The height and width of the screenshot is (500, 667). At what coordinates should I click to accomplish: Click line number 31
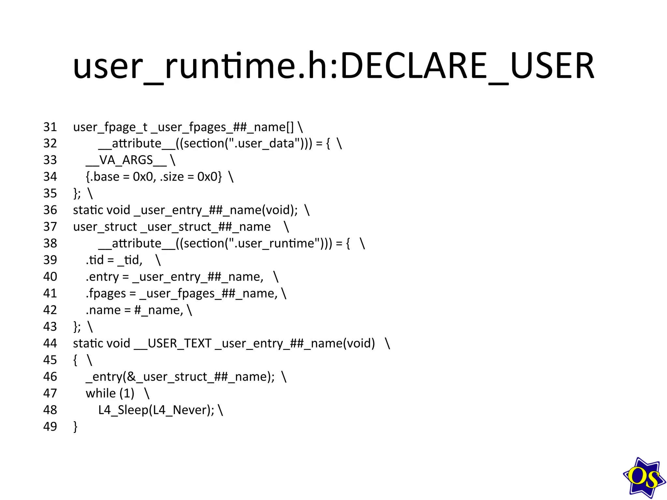coord(50,127)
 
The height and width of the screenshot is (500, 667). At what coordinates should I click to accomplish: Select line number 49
coord(50,426)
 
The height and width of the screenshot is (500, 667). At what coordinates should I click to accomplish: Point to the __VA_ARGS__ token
coord(126,160)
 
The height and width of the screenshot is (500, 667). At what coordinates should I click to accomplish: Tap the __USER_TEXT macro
coord(173,343)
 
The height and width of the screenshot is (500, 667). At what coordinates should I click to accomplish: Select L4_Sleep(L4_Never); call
coord(156,410)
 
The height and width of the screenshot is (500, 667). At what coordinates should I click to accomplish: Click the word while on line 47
coord(101,393)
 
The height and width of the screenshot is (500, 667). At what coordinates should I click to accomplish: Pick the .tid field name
coord(95,260)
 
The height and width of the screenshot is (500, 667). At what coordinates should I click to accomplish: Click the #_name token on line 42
coord(159,310)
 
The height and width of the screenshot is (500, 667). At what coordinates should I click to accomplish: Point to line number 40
coord(50,277)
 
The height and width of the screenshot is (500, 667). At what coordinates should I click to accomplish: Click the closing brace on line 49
coord(76,426)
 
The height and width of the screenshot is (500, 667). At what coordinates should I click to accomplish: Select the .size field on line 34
coord(172,177)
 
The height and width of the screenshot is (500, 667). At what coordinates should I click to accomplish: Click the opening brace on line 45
coord(76,360)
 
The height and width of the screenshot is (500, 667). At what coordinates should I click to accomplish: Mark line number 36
coord(50,210)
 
